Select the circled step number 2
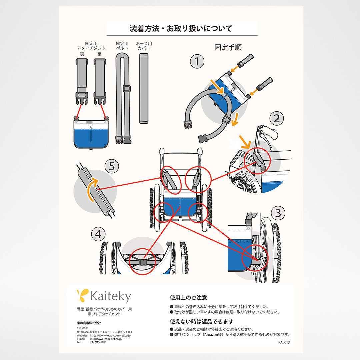tap(276, 118)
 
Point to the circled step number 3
tap(278, 212)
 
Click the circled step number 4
tap(98, 234)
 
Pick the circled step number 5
tap(111, 166)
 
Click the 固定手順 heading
tap(228, 47)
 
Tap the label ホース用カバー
tap(143, 46)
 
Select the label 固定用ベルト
tap(122, 46)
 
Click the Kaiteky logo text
tap(110, 296)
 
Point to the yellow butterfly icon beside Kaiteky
tap(82, 295)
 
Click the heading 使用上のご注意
tap(188, 298)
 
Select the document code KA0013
tap(284, 342)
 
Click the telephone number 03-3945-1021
tap(98, 342)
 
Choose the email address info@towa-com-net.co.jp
tap(106, 339)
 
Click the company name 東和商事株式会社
tap(89, 323)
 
